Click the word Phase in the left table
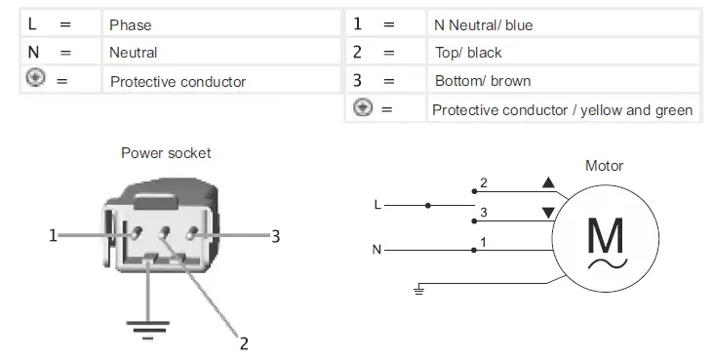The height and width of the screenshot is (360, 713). (130, 24)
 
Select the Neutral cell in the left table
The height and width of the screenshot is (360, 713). (134, 53)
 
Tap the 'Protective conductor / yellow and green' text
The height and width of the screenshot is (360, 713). (562, 110)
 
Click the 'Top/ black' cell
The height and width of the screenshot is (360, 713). (468, 53)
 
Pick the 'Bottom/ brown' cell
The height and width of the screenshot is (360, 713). (482, 81)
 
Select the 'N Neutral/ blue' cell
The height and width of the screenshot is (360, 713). (484, 24)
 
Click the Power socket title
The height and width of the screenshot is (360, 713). (166, 153)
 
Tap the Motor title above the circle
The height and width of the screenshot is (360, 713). (604, 166)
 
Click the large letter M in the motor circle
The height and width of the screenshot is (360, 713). (607, 235)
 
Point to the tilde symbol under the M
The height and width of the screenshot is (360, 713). (607, 264)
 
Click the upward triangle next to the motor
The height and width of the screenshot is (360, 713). (548, 182)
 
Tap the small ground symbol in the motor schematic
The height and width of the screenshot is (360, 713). (418, 289)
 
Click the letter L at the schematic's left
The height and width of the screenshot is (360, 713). (377, 205)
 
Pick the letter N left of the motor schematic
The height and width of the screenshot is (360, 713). (376, 250)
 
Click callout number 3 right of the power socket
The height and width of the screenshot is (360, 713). (276, 235)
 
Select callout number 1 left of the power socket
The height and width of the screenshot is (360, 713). (52, 235)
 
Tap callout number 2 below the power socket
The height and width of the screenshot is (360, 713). (244, 342)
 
